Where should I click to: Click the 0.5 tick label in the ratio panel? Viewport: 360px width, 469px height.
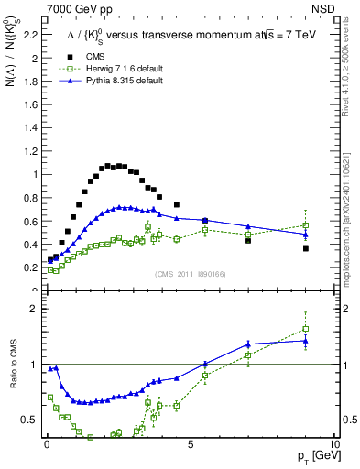point(28,420)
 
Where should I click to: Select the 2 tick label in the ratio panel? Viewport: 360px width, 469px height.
point(33,309)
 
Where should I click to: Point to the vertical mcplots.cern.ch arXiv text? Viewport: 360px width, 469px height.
point(353,183)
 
